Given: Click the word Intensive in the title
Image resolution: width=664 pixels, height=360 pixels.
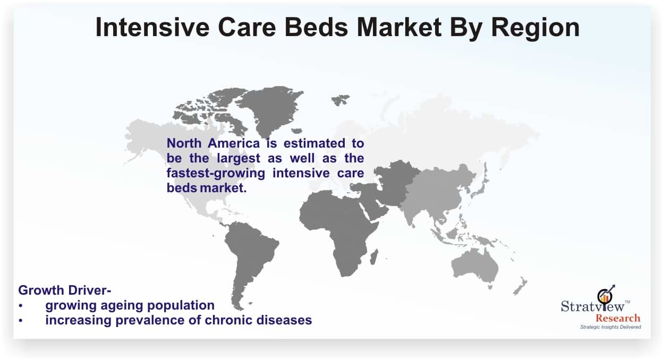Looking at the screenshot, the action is (x=152, y=27).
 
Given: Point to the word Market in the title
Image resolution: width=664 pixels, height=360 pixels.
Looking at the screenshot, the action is (x=399, y=27).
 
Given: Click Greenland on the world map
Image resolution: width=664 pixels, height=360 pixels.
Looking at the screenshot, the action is (x=271, y=109).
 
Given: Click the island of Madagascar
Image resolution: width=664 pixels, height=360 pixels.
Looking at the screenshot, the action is (x=374, y=256).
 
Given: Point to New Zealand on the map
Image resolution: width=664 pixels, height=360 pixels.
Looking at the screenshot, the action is (x=520, y=286).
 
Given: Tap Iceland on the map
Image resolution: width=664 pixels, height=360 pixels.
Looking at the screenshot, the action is (x=296, y=131).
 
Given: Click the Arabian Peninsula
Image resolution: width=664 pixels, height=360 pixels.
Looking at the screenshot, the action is (x=375, y=208).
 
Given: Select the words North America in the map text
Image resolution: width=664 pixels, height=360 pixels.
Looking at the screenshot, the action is (x=213, y=143).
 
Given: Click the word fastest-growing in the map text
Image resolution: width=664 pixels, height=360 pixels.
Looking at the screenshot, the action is (x=216, y=173).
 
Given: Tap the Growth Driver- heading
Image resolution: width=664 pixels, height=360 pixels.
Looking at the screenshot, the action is (x=65, y=290).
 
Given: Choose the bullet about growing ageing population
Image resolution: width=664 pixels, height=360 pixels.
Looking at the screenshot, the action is (x=130, y=305).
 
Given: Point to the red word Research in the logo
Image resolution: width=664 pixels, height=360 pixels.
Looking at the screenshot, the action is (x=618, y=318).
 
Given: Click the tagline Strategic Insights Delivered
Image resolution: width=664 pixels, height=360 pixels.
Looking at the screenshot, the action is (x=611, y=327).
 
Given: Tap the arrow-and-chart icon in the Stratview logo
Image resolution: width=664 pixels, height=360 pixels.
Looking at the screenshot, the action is (x=606, y=295).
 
